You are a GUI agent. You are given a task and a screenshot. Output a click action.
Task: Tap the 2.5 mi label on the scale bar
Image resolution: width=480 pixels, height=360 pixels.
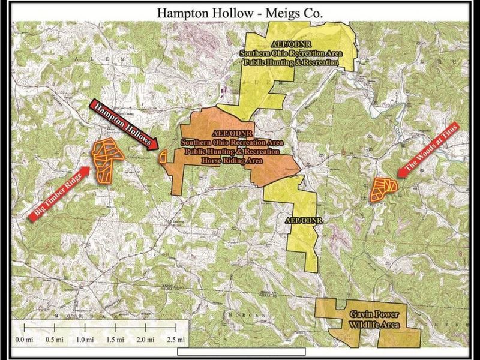coord(177,340)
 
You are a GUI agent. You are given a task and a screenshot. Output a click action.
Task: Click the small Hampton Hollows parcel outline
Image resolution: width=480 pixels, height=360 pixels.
coord(163,157)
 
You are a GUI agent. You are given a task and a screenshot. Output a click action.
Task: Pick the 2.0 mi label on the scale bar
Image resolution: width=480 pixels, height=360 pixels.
coord(146,340)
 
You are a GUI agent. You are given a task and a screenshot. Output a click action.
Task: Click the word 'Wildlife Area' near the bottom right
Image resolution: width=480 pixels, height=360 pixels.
coord(371,325)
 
